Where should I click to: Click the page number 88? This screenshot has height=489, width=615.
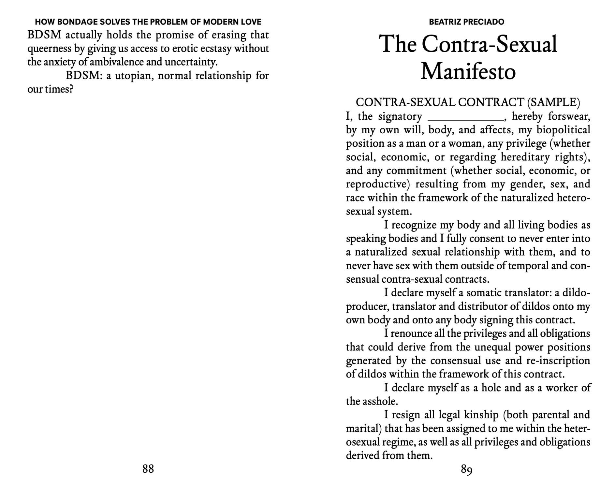148,469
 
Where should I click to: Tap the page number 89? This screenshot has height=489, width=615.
467,469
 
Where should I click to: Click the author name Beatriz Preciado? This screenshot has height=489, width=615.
466,22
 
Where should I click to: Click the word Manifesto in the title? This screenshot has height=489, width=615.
468,71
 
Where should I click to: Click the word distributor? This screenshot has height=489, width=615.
482,306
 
